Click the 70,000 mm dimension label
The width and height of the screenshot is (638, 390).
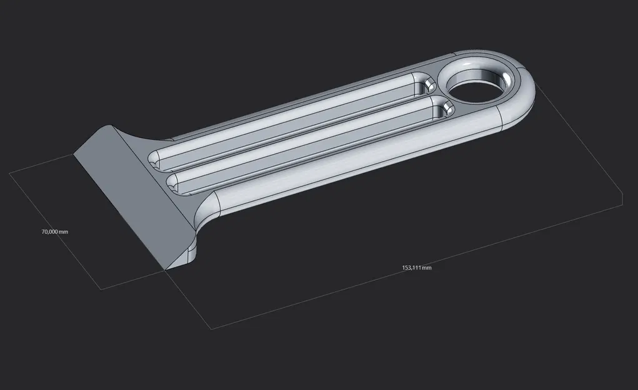pyautogui.click(x=54, y=232)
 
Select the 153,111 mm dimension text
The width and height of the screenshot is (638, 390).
pyautogui.click(x=416, y=268)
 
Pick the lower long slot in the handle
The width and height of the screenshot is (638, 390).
pyautogui.click(x=306, y=145)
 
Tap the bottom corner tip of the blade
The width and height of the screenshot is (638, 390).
pyautogui.click(x=164, y=270)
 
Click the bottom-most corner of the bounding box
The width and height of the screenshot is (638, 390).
pyautogui.click(x=211, y=329)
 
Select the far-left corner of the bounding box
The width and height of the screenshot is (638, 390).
pyautogui.click(x=11, y=174)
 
